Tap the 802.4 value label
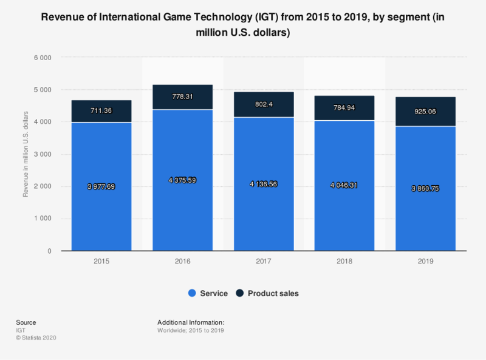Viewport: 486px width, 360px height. click(x=264, y=104)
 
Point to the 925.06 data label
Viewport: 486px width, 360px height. click(x=425, y=112)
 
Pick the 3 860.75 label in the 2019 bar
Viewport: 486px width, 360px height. click(x=425, y=188)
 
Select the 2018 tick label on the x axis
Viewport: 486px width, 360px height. click(x=344, y=262)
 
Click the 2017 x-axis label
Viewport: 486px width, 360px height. click(x=264, y=262)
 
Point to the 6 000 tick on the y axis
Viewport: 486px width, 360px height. click(x=49, y=58)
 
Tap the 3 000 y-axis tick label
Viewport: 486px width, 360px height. click(x=49, y=154)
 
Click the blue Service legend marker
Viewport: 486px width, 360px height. click(x=192, y=293)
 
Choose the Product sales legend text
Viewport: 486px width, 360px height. click(x=273, y=293)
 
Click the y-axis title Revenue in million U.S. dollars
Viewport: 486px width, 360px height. click(x=26, y=154)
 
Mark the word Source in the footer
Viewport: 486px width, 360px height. click(x=26, y=322)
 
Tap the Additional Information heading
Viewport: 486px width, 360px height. click(x=191, y=322)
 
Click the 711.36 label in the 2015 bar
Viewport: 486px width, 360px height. click(x=101, y=110)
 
